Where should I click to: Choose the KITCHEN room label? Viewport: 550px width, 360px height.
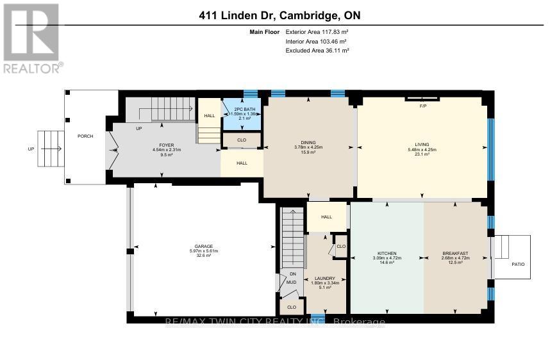[x=387, y=254]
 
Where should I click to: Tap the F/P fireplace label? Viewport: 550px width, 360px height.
[x=422, y=105]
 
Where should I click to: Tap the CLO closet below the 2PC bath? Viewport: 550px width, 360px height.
[x=242, y=139]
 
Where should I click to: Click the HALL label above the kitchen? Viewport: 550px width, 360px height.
[x=326, y=217]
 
